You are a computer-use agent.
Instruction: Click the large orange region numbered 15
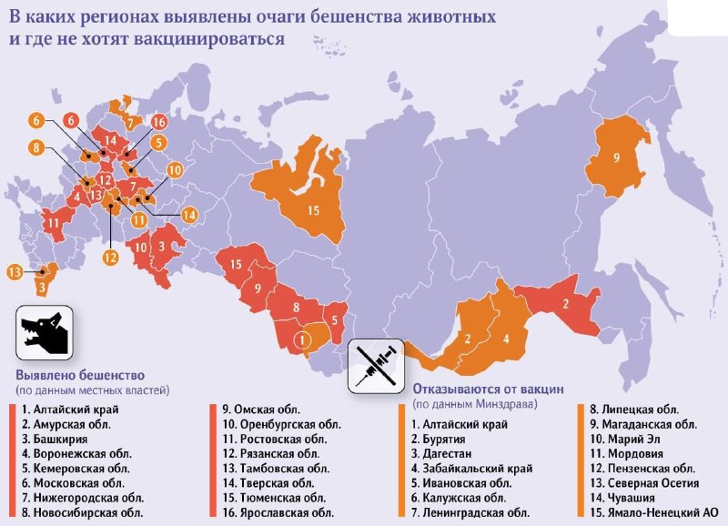click(x=312, y=208)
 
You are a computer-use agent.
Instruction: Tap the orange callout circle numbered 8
click(x=35, y=147)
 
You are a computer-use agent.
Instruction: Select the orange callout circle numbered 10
click(x=174, y=169)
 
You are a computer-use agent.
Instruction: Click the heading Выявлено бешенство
click(x=79, y=375)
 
